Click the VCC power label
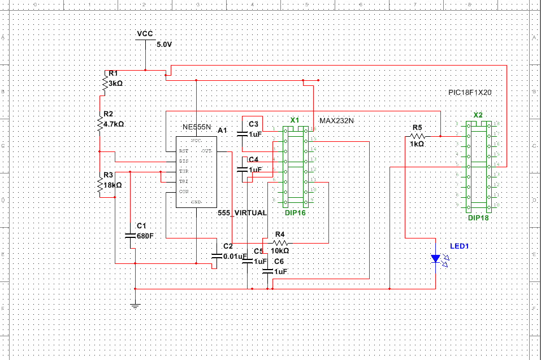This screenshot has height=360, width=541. [x=145, y=34]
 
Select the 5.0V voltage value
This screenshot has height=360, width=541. [x=164, y=44]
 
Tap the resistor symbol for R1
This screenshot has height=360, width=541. [x=105, y=83]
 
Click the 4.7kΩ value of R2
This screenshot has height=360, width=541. [x=114, y=124]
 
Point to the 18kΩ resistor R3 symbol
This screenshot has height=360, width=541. [x=99, y=184]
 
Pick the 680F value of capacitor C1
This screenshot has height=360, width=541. [x=145, y=236]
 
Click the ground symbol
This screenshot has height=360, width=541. [x=135, y=306]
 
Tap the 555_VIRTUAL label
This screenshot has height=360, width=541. [x=242, y=213]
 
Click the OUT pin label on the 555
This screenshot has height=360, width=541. [x=207, y=151]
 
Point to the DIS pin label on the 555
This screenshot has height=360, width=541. [x=184, y=161]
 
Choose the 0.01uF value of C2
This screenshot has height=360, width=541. [x=235, y=256]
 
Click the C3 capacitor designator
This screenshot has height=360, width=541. [x=253, y=124]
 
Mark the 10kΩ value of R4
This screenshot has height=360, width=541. [x=280, y=250]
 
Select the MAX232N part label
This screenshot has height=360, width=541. [x=336, y=121]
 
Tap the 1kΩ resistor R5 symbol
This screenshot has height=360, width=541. [x=417, y=136]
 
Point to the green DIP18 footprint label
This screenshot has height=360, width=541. [x=478, y=218]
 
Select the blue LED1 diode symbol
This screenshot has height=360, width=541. [x=435, y=258]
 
